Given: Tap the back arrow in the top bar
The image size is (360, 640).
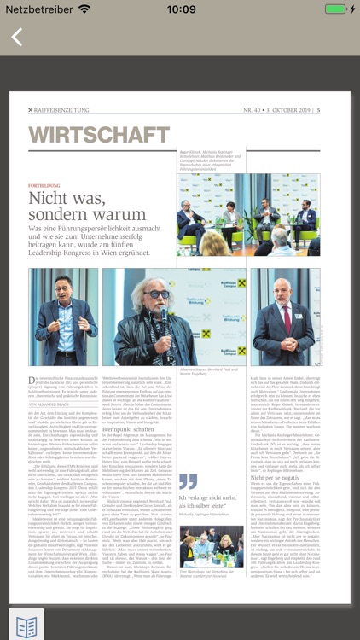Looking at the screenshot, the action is (17, 38).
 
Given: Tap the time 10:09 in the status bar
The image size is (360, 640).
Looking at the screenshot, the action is (180, 9).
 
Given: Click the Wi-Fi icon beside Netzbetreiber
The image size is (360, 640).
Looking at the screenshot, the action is (84, 9).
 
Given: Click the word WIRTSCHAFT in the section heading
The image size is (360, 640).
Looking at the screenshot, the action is (99, 135).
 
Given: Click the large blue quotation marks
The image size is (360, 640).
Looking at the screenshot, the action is (188, 482).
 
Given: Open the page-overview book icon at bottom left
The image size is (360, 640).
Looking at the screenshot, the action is (26, 625).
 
